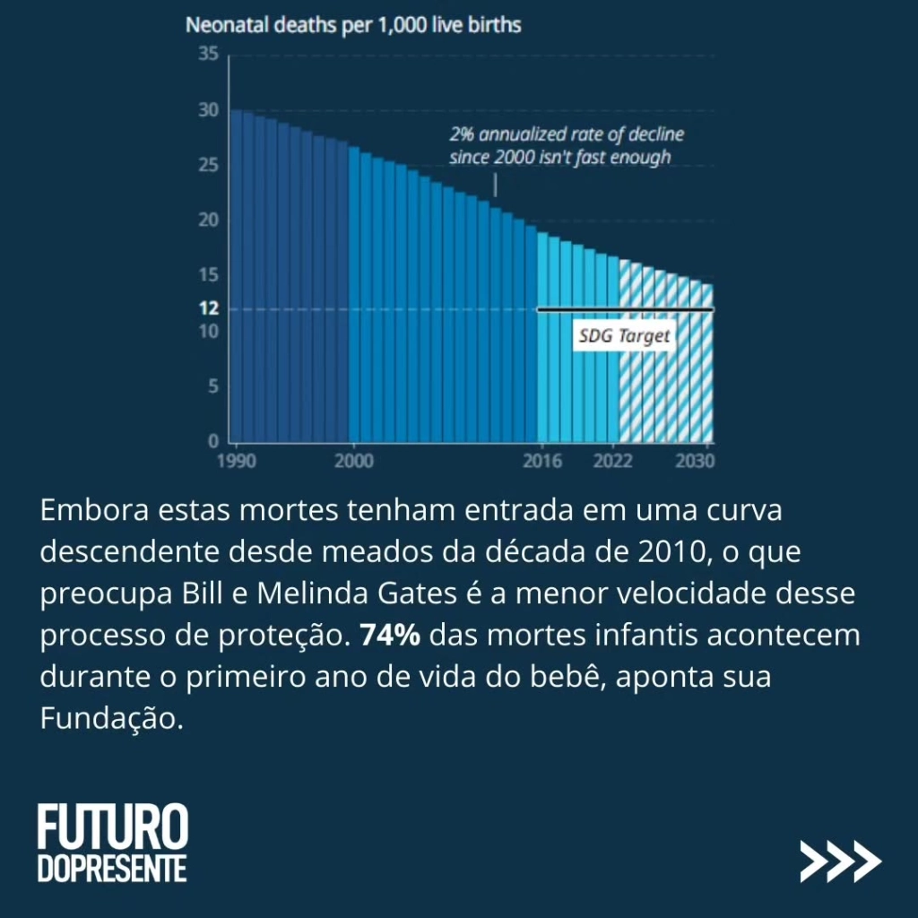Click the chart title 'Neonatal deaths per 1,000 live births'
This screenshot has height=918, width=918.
(x=353, y=25)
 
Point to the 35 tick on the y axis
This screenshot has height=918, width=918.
(x=208, y=56)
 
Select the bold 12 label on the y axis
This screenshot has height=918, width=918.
(x=208, y=308)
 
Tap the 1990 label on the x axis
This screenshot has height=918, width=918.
(x=237, y=462)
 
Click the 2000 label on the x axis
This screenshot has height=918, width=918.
(x=355, y=462)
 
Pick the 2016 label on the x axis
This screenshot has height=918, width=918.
(x=542, y=462)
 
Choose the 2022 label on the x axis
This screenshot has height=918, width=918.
(x=613, y=462)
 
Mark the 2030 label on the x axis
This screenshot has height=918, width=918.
(x=695, y=462)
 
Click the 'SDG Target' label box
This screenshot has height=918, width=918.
(x=624, y=337)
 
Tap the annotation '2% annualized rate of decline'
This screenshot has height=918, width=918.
(x=566, y=135)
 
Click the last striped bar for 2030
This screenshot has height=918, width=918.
(x=707, y=363)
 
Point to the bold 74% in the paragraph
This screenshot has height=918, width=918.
(x=391, y=635)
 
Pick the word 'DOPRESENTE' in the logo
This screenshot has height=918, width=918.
(x=112, y=869)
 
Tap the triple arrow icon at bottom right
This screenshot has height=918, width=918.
(x=840, y=862)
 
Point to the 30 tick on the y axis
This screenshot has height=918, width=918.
(x=208, y=110)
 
